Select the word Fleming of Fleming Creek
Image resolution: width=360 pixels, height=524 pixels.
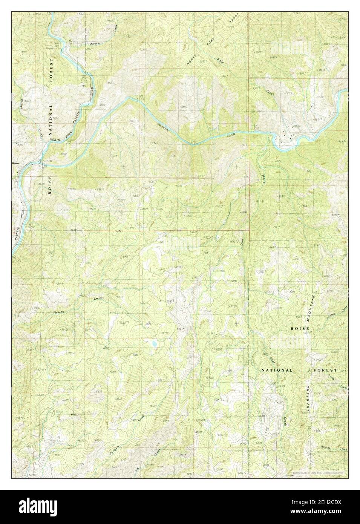point(58,312)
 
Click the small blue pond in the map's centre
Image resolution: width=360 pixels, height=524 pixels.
point(155,344)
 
